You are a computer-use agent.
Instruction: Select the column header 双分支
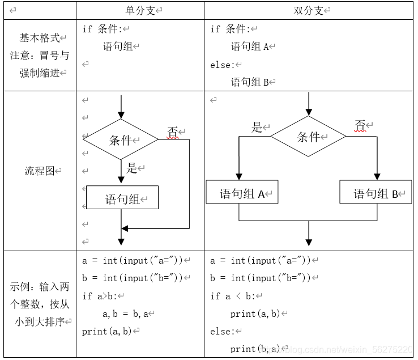[309, 11]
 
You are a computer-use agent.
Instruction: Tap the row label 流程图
[40, 171]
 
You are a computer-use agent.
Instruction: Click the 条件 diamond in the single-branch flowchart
[121, 139]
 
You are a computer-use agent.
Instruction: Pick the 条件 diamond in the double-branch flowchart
[308, 137]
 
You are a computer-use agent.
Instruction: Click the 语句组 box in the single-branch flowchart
[122, 198]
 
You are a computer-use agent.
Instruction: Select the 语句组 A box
[242, 193]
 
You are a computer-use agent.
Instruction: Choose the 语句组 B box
[376, 193]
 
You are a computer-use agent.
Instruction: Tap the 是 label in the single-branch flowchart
[132, 168]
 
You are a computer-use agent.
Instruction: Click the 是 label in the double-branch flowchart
[258, 127]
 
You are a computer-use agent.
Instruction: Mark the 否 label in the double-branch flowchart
[360, 124]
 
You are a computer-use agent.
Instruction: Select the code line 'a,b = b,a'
[125, 314]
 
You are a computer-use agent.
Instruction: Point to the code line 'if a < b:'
[233, 296]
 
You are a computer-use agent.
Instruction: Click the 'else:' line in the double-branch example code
[221, 331]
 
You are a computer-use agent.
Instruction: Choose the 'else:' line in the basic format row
[221, 65]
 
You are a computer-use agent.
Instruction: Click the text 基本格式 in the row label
[40, 37]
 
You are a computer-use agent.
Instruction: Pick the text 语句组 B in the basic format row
[250, 82]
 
